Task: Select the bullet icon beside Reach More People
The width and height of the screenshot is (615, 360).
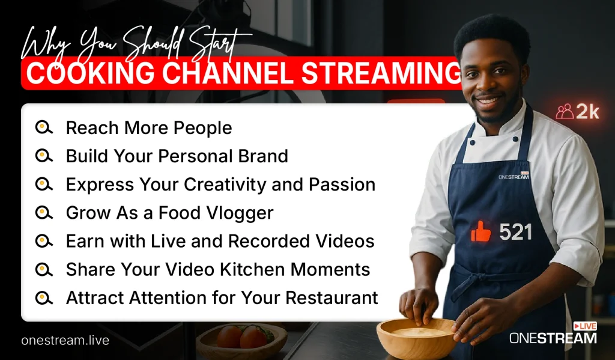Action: pos(43,128)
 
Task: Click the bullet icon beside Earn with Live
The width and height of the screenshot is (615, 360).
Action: pos(43,241)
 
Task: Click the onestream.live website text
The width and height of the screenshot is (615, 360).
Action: pos(65,340)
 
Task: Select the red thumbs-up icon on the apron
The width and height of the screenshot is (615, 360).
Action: pos(481,231)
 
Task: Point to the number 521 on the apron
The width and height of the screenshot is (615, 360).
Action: pos(515,232)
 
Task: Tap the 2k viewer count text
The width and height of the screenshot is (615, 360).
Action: pos(588,112)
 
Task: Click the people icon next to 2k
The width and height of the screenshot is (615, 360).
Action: pos(565,112)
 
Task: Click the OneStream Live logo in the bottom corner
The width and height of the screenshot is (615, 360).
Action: pos(553,334)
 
